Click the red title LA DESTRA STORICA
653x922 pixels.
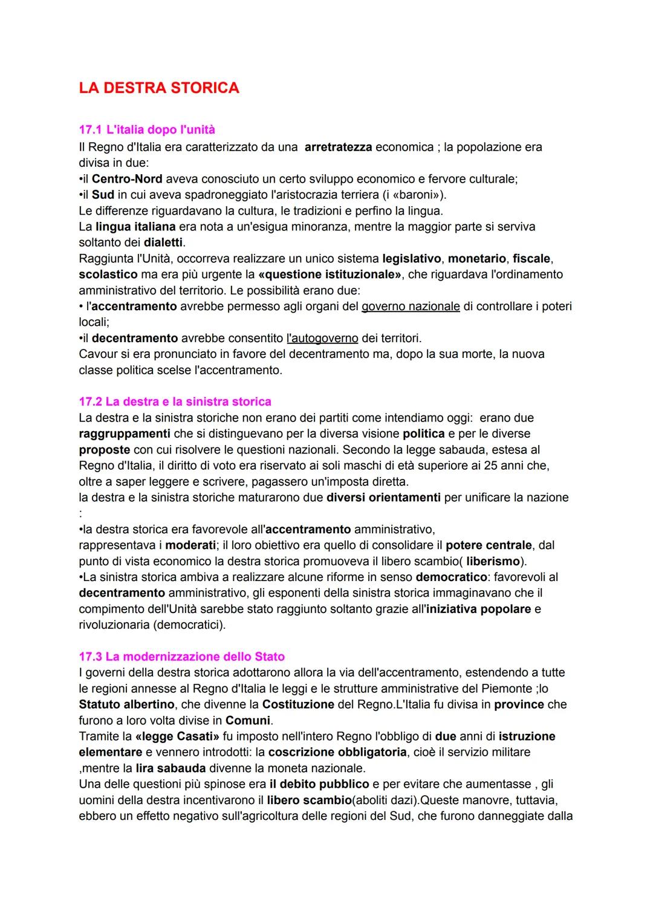pos(159,88)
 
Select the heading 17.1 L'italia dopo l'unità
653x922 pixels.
pos(147,130)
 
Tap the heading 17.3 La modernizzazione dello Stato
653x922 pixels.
pos(181,657)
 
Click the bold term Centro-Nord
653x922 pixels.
pos(127,179)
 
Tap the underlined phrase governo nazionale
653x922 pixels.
pos(411,307)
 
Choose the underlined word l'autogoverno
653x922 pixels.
pos(322,338)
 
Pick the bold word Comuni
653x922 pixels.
pos(248,721)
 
